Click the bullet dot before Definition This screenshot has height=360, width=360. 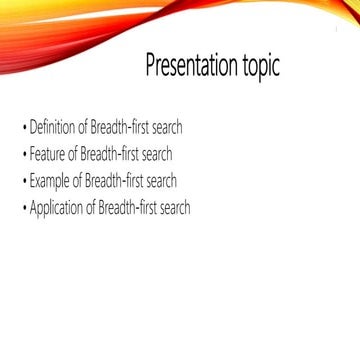(24, 129)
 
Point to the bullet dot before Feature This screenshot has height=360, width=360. (24, 156)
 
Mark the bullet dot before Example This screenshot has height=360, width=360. (24, 182)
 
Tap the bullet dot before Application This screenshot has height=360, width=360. (24, 209)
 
